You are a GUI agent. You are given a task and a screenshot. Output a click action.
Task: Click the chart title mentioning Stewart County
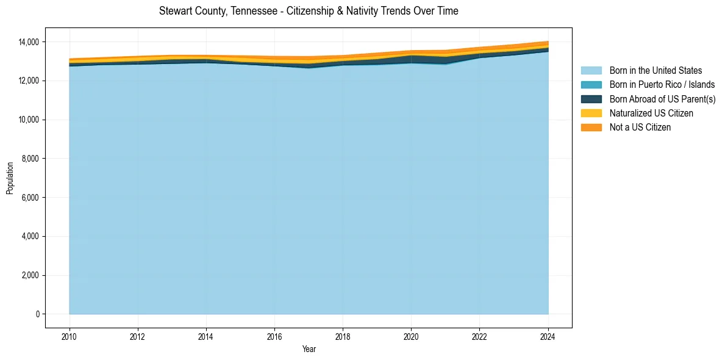[309, 11]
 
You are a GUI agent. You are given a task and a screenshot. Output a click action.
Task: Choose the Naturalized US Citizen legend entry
[651, 113]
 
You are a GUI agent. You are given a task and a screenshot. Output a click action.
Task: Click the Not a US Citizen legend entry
[640, 128]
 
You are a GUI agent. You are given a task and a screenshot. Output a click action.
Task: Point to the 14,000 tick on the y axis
[29, 42]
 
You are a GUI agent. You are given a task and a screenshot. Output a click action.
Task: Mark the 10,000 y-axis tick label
[29, 120]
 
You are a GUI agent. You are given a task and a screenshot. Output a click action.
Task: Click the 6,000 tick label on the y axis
[30, 198]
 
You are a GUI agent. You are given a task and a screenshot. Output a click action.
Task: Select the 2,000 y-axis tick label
[30, 275]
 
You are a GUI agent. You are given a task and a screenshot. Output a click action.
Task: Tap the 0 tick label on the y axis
[37, 314]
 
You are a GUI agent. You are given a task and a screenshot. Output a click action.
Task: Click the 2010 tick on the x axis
[70, 335]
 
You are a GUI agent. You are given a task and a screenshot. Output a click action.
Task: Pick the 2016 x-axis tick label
[274, 335]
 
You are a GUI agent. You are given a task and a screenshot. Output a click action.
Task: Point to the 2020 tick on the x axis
[412, 335]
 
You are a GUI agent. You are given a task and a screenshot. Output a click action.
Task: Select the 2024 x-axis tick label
[548, 335]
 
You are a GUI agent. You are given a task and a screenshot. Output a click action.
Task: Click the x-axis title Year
[309, 349]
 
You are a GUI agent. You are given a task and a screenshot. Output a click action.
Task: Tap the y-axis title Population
[10, 178]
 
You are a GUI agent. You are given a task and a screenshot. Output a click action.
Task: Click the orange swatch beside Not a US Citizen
[591, 128]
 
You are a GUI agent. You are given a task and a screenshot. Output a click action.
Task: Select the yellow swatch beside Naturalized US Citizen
[591, 113]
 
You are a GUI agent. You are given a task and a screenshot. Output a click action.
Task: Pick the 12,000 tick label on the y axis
[29, 81]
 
